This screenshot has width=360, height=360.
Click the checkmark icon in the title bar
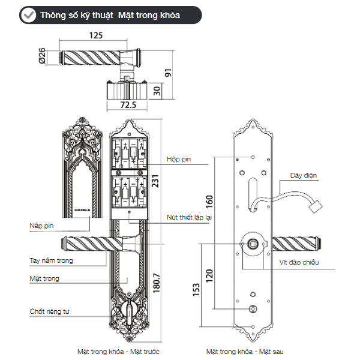pos(26,15)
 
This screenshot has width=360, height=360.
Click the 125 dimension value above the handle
pos(95,35)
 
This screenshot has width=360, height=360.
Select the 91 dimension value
pos(169,74)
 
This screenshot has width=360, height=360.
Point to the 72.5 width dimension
pos(126,105)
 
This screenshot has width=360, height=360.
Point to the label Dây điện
pos(303,176)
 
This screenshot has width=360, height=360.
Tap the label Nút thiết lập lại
pos(189,217)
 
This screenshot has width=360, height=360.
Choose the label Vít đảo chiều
pos(299,262)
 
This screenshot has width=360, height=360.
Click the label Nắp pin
pos(41,226)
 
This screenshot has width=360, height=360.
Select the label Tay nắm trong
pos(51,260)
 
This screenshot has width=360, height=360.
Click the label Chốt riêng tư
pos(50,311)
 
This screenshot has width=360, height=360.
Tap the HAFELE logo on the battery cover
pos(81,209)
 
